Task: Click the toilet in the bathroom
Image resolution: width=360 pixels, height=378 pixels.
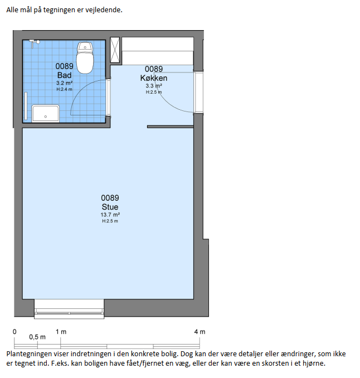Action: (85, 58)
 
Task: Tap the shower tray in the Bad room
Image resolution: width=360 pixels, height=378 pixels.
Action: (46, 113)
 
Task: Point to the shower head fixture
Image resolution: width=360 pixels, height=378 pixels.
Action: (35, 43)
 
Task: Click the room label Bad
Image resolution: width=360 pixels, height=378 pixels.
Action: (64, 75)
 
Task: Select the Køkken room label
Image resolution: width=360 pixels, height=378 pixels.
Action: (154, 78)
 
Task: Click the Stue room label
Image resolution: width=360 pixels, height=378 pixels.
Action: (110, 207)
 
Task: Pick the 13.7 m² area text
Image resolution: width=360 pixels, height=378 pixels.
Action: (110, 215)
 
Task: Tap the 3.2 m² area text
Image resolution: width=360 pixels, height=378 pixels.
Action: (64, 83)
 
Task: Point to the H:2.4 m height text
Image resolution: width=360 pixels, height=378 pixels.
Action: (64, 89)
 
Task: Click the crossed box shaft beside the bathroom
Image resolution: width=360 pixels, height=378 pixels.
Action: (115, 50)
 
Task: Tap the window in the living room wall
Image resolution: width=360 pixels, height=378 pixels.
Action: (69, 309)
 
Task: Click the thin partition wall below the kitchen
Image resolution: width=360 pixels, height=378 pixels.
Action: (171, 127)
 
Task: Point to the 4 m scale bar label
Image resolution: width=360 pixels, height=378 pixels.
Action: (200, 332)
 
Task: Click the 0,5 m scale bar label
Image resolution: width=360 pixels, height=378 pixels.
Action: (37, 337)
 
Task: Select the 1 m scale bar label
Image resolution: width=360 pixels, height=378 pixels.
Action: (61, 332)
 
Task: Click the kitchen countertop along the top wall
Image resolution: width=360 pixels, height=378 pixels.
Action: (158, 51)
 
